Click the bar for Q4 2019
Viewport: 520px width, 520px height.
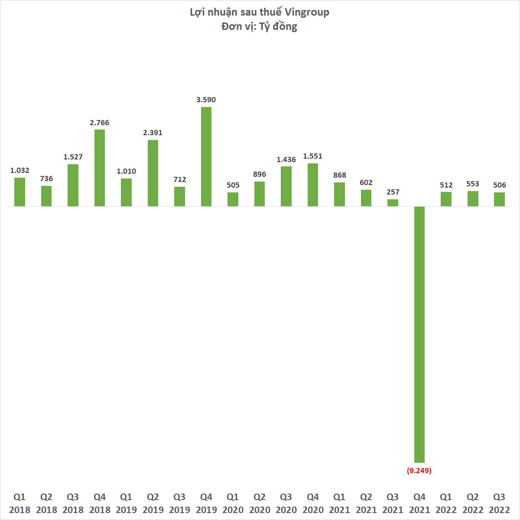click(206, 156)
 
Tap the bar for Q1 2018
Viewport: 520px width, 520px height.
click(19, 192)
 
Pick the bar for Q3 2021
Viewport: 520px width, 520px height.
click(393, 203)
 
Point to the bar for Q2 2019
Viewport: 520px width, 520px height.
click(153, 173)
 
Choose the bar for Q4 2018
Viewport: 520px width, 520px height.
click(100, 168)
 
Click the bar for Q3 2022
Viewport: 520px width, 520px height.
click(500, 199)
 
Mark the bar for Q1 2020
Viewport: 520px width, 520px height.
click(233, 199)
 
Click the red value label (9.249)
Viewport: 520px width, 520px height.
click(419, 470)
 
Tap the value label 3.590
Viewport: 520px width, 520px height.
click(206, 100)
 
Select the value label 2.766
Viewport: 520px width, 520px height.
click(100, 123)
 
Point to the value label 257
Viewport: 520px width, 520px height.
click(393, 192)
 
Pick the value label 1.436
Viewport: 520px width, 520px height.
click(286, 159)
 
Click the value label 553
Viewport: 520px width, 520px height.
click(473, 184)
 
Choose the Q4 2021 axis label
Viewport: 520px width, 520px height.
click(419, 503)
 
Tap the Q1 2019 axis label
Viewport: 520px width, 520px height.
click(126, 503)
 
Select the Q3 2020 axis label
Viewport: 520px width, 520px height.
click(286, 503)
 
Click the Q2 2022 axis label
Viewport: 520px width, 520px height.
click(473, 503)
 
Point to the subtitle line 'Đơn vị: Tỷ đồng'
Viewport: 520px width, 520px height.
click(259, 26)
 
